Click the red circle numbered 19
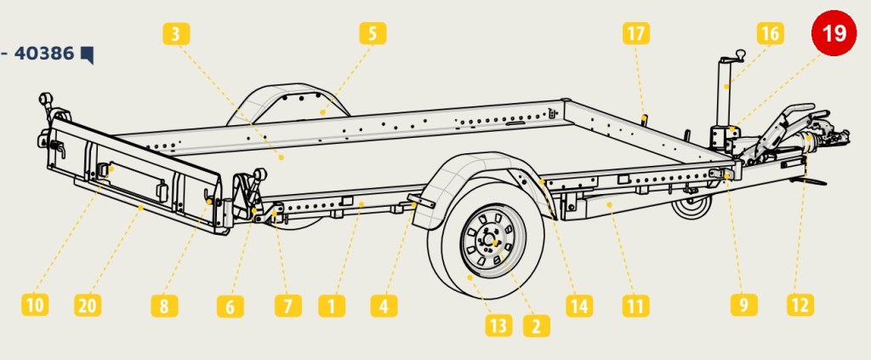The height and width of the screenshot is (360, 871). [x=834, y=33]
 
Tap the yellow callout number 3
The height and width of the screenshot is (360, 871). [x=176, y=34]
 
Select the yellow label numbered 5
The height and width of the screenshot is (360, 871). [x=373, y=33]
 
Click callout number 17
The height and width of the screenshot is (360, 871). [x=636, y=33]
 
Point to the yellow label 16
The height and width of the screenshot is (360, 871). [x=771, y=33]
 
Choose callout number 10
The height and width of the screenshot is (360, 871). [x=35, y=305]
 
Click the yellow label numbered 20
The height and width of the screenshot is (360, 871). [x=88, y=305]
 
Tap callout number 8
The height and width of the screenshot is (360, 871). [x=164, y=306]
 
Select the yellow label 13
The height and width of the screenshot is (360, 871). [x=498, y=325]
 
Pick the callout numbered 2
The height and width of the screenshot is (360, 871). [x=537, y=326]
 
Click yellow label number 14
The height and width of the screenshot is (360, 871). [x=579, y=306]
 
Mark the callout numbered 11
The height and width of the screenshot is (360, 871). [x=636, y=306]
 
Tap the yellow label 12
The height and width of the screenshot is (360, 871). [x=800, y=305]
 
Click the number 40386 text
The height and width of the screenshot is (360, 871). [x=44, y=54]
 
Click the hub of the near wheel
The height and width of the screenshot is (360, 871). [x=492, y=241]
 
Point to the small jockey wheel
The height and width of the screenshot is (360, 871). [x=692, y=206]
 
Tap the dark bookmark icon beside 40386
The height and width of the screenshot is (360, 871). [x=88, y=54]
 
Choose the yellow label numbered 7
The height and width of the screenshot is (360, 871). [x=288, y=306]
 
